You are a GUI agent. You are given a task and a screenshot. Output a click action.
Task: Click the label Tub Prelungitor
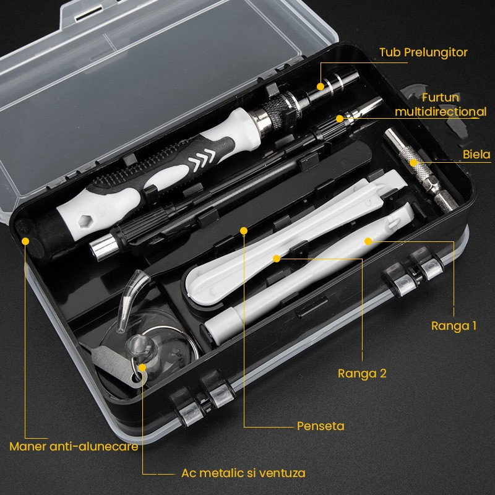(423, 53)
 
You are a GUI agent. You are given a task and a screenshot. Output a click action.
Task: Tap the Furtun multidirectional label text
(441, 105)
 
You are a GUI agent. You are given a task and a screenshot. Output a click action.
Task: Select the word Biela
(476, 155)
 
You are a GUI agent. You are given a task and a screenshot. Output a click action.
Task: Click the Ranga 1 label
(454, 325)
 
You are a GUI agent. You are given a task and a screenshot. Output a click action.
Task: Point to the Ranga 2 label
(362, 373)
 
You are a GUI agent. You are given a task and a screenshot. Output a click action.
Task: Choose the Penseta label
(320, 426)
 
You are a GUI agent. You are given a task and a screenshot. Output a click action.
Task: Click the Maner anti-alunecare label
(74, 445)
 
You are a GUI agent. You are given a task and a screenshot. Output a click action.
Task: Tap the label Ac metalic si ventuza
(243, 473)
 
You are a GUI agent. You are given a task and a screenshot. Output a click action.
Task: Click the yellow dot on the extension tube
(321, 86)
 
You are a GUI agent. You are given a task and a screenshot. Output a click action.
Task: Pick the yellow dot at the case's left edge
(26, 241)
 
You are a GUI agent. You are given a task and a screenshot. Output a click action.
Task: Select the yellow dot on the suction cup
(143, 367)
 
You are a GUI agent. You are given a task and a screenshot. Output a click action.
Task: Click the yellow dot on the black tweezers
(244, 231)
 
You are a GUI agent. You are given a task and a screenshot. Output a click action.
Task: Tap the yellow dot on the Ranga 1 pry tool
(368, 241)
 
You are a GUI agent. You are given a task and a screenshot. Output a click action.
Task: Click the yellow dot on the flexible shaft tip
(339, 118)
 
